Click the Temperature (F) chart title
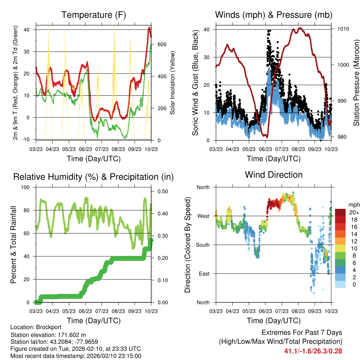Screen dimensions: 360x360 94,15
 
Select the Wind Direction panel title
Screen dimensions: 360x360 274,174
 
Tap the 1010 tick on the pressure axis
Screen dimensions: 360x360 343,29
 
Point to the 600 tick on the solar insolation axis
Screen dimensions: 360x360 161,45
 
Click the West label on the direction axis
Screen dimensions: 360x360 203,216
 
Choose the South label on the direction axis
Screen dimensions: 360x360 202,245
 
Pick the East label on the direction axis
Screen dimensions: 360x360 204,274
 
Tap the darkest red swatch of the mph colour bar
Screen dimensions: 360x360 340,212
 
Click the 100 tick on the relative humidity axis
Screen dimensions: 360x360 26,187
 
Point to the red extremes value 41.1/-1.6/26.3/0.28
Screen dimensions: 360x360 313,351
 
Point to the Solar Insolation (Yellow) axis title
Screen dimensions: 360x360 173,83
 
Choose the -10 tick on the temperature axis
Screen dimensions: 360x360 26,139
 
